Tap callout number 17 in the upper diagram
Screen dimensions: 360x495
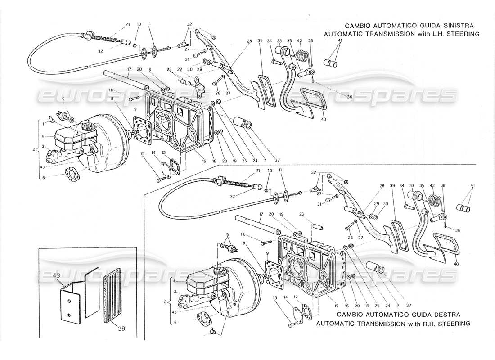(129, 69)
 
